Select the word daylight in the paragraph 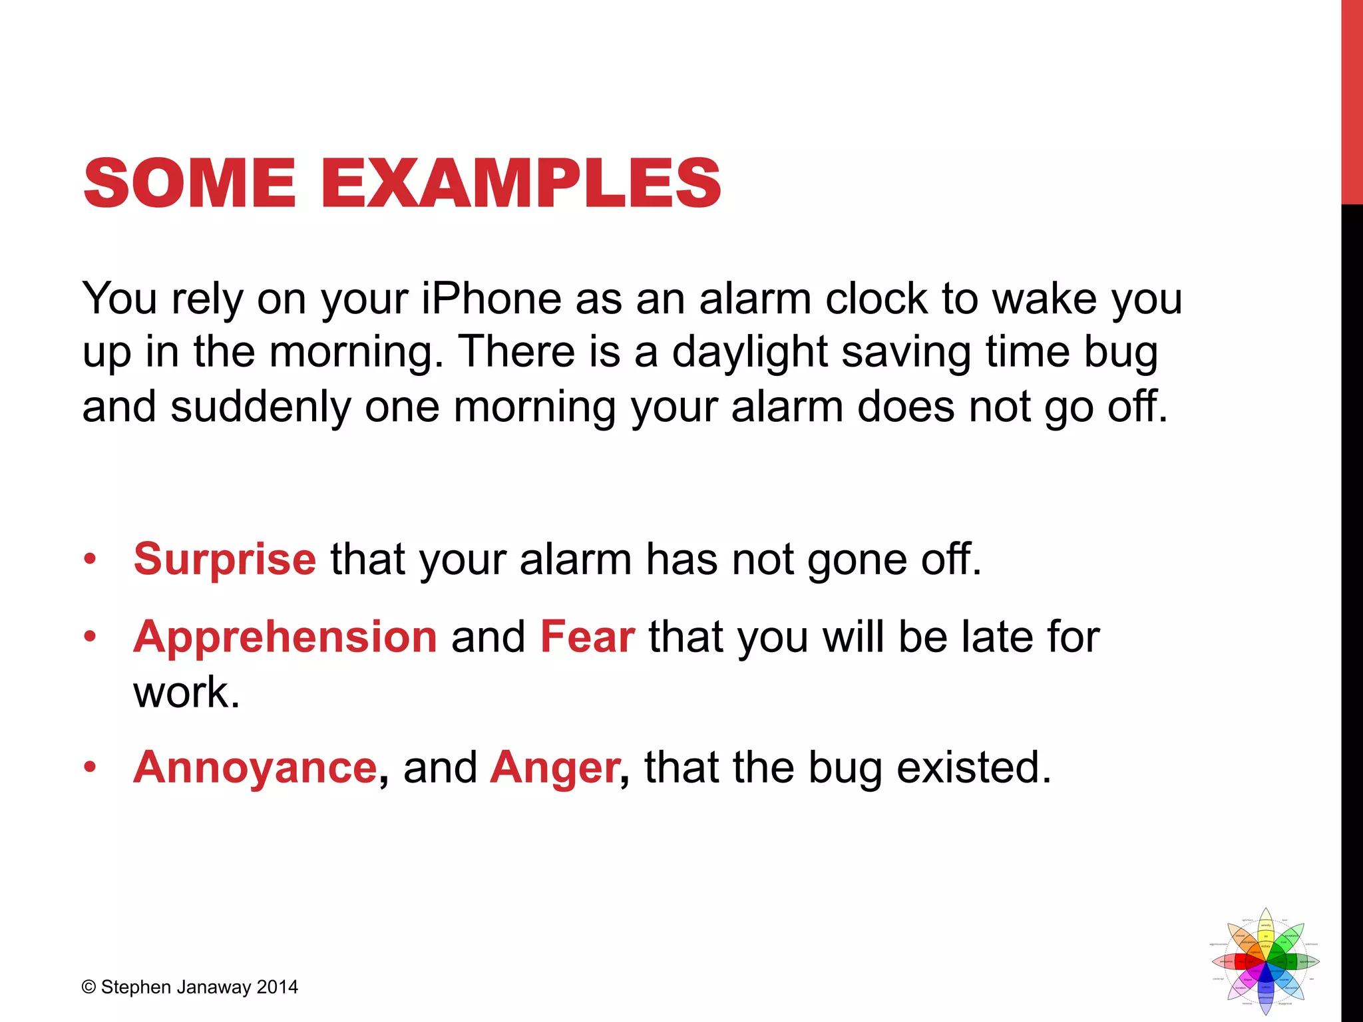(x=749, y=353)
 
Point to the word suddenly (x=261, y=407)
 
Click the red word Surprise (x=224, y=558)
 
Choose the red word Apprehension (x=285, y=637)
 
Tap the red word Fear (x=587, y=637)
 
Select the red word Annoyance (x=255, y=767)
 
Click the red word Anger (x=555, y=767)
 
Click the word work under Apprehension (x=186, y=692)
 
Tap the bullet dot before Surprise (x=90, y=559)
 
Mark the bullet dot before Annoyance (x=90, y=768)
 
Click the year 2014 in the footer (x=277, y=987)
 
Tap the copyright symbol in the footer (x=89, y=987)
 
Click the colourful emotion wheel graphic (x=1265, y=962)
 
